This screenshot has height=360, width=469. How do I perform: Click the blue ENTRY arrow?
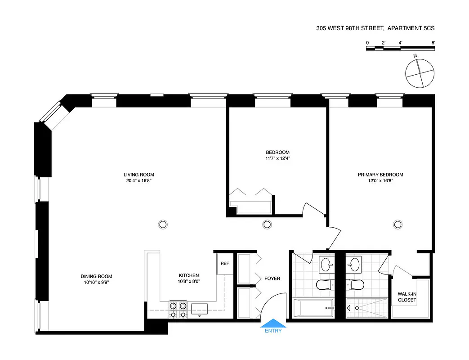tap(273, 323)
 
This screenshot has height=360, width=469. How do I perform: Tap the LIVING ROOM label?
tap(142, 175)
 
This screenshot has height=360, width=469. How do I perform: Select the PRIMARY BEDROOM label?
tap(380, 175)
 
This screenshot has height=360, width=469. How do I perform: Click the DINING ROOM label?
tap(96, 276)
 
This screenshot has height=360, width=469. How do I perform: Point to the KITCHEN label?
tap(189, 275)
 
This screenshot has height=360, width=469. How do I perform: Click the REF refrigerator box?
tap(224, 264)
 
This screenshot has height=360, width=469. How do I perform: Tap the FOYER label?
tap(272, 279)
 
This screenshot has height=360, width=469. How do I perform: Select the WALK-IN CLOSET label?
tap(407, 297)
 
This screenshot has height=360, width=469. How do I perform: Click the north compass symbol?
tap(420, 73)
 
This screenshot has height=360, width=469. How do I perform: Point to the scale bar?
tap(401, 48)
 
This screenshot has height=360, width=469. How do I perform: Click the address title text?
tap(375, 28)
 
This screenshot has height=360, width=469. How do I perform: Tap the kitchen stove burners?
tap(178, 310)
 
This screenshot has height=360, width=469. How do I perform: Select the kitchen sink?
tap(200, 308)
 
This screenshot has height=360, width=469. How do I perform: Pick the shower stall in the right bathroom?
tap(367, 308)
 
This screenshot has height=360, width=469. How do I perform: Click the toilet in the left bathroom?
tap(324, 284)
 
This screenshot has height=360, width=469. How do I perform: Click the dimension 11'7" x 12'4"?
tap(277, 158)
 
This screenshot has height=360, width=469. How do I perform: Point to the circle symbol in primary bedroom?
tap(398, 224)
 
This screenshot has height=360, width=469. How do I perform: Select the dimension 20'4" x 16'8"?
tap(142, 181)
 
